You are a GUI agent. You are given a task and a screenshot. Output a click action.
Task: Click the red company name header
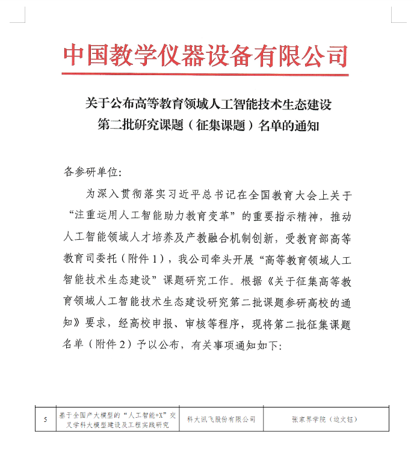[x=206, y=55]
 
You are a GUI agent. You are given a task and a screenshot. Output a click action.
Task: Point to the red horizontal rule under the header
[x=206, y=75]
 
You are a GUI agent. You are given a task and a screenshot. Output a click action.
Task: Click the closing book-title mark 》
[x=80, y=324]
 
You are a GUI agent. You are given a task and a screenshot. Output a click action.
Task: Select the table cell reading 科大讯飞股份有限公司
[x=221, y=420]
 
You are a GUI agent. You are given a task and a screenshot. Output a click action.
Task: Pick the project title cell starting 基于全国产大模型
[x=117, y=420]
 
